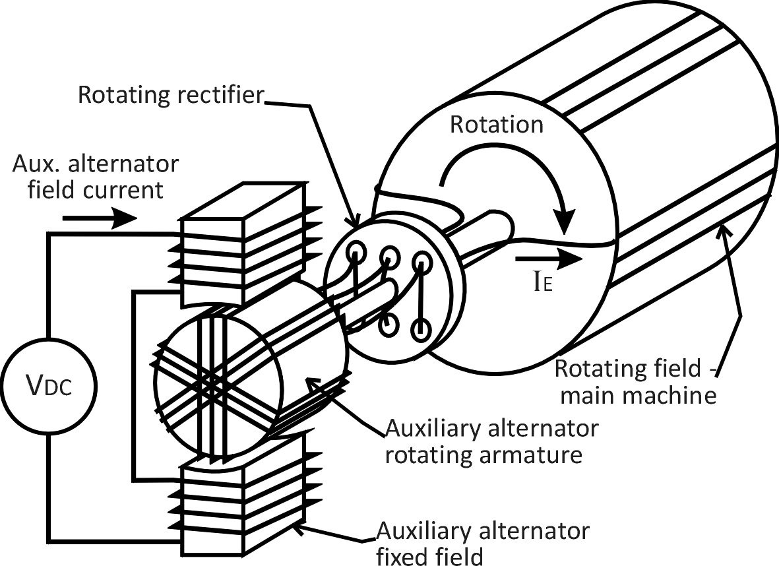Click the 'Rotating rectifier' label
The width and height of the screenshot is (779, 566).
tap(170, 95)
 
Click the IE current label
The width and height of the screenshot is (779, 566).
tap(542, 284)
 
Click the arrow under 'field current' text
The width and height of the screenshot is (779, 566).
tap(100, 218)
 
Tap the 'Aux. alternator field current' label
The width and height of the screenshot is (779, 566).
tap(96, 177)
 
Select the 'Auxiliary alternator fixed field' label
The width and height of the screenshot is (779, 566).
tap(483, 544)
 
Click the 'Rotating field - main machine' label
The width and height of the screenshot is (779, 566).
tap(637, 382)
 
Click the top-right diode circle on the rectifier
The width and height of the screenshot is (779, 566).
tap(421, 262)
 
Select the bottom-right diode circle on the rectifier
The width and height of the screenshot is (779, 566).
tap(420, 329)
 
